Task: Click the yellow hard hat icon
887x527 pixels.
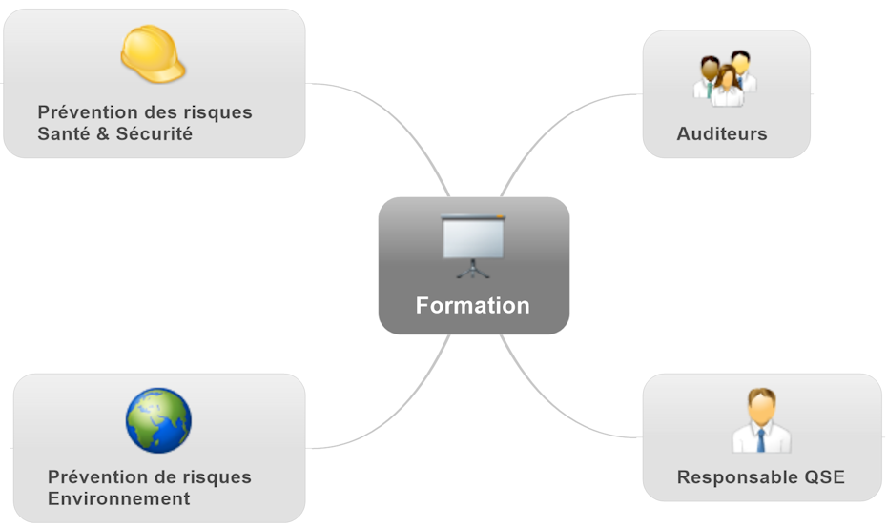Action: click(153, 53)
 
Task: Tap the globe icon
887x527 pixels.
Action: click(158, 420)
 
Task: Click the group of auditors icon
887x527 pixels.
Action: click(726, 78)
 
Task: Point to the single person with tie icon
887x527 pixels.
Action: click(760, 421)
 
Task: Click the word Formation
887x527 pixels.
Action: click(472, 306)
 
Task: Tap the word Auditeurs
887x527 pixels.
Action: click(722, 134)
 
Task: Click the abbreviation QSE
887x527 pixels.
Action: click(824, 477)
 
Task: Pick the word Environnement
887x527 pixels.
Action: click(118, 498)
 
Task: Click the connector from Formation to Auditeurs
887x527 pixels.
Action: click(553, 125)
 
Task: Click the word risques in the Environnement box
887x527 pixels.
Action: click(217, 476)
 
